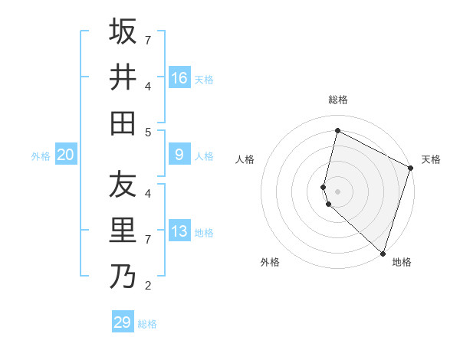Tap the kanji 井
(x=123, y=77)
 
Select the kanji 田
(x=123, y=123)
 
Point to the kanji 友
(x=123, y=185)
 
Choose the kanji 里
(x=123, y=231)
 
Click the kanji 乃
(x=123, y=277)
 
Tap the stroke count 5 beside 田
(x=148, y=133)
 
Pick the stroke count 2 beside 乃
(x=148, y=286)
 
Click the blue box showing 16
(x=179, y=78)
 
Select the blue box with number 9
(x=179, y=155)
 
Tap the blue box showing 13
(x=179, y=231)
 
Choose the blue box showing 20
(x=66, y=155)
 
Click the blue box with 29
(x=123, y=322)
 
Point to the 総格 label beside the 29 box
(x=147, y=324)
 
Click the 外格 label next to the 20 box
(x=41, y=156)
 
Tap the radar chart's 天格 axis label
(x=431, y=159)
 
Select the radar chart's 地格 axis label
(x=402, y=262)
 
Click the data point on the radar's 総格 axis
(x=337, y=131)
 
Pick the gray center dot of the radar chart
(x=337, y=190)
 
